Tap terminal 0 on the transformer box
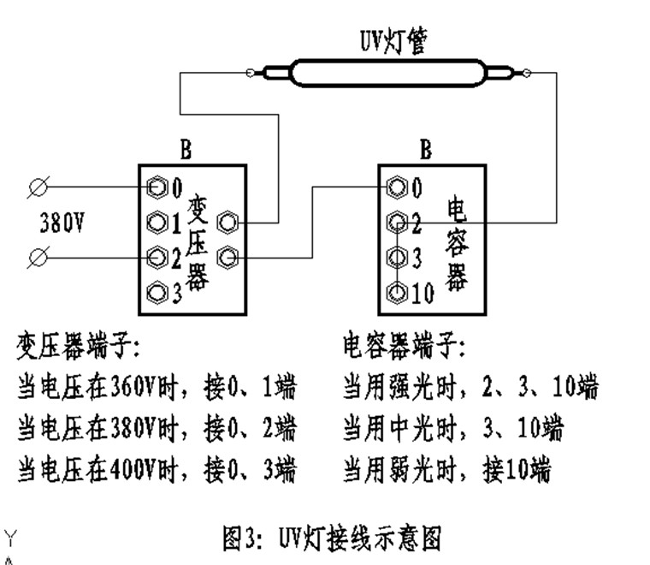pos(157,186)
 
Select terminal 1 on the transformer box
pos(157,223)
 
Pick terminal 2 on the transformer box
pos(157,256)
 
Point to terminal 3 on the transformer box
pos(157,293)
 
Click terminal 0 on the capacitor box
pos(396,186)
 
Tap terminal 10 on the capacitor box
pos(396,293)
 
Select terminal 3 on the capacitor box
pos(396,257)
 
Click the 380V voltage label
pos(62,223)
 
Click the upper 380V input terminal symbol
pos(38,186)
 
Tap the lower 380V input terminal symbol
pos(38,256)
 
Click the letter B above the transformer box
pos(186,151)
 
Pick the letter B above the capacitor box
pos(425,151)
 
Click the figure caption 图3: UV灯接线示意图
pos(332,538)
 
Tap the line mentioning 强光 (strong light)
pos(470,387)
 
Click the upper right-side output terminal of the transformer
pos(227,223)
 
